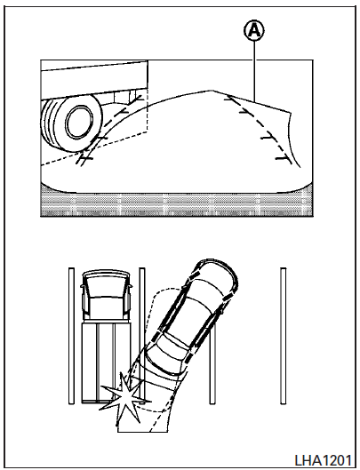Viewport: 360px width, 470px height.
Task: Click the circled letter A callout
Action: (x=254, y=30)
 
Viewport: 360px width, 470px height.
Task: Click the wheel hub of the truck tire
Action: (x=78, y=123)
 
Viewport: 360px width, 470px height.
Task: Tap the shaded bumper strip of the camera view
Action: (x=177, y=203)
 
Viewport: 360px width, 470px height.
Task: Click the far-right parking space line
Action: (x=283, y=336)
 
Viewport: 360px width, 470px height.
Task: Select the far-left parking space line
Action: (x=71, y=336)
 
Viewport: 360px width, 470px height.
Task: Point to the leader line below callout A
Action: (x=255, y=71)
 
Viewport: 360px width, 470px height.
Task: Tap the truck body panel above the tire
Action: (x=94, y=79)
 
